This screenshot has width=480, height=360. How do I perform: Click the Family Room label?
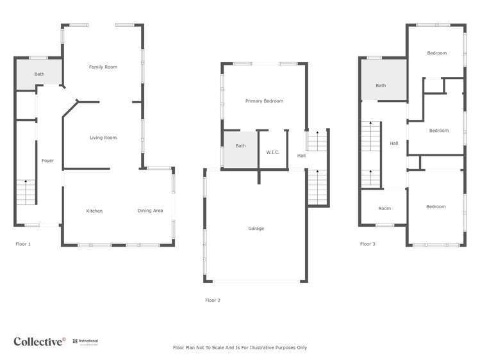coord(103,67)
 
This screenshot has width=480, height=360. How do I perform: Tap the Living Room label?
coord(103,138)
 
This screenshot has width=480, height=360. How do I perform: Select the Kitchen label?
coord(94,211)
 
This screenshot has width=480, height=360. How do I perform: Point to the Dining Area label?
coord(150,211)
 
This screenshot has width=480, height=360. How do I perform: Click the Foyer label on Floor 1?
coord(47,161)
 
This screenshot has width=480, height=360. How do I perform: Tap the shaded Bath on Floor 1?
coord(39,74)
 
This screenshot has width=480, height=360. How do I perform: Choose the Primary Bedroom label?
coord(264,101)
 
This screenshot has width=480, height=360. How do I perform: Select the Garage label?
coord(256,229)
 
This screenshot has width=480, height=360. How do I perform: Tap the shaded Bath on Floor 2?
coord(240,146)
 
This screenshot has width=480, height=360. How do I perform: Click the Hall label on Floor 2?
coord(301,156)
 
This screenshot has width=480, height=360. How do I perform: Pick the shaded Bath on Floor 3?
coord(381,86)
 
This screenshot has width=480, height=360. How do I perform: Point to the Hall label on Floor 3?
coord(393,143)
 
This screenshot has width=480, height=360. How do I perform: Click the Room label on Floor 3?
coord(385,208)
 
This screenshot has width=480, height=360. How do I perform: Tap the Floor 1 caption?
coord(23,244)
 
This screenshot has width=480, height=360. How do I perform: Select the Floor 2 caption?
coord(213,300)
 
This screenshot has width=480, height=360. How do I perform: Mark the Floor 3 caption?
coord(368,244)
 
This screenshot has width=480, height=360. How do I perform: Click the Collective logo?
coord(39,341)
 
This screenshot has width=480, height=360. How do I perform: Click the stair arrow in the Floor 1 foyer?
coord(26,183)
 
